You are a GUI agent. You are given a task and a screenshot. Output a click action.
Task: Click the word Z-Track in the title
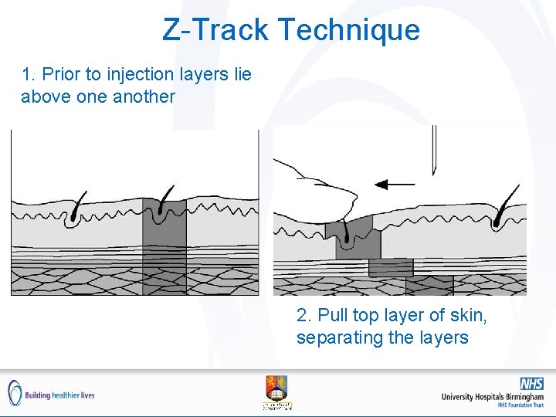pyautogui.click(x=215, y=30)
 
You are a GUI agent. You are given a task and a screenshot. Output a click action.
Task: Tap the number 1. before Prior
pyautogui.click(x=29, y=75)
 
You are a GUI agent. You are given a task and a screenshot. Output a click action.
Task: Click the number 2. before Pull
pyautogui.click(x=304, y=316)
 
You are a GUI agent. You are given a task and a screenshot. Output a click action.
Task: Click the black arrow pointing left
pyautogui.click(x=393, y=185)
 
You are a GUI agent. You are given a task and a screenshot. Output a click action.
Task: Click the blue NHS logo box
pyautogui.click(x=531, y=383)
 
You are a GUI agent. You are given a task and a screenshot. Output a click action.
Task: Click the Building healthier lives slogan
pyautogui.click(x=59, y=395)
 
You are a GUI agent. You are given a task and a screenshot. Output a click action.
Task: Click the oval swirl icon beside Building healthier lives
pyautogui.click(x=15, y=392)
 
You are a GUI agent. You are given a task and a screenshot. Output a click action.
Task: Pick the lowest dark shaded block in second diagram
pyautogui.click(x=429, y=286)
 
